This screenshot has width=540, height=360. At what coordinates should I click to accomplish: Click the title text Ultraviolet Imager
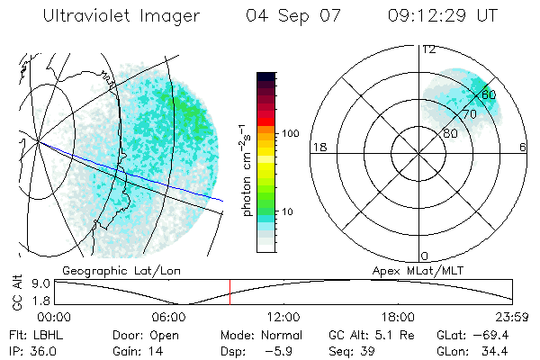(x=120, y=17)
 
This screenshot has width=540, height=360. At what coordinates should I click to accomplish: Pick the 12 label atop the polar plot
(x=429, y=49)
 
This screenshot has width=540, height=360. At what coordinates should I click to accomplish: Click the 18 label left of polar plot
(x=318, y=147)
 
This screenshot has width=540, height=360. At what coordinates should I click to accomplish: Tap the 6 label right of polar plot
(x=523, y=147)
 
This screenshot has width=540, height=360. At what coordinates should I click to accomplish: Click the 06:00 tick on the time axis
(x=168, y=318)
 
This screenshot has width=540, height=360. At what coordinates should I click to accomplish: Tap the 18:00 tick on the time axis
(x=398, y=318)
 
